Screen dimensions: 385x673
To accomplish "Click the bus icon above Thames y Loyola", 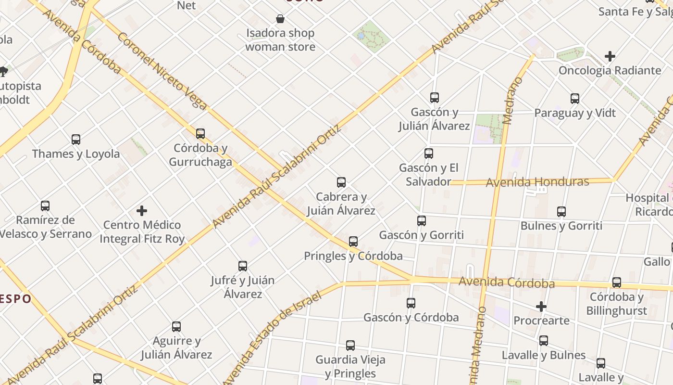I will tap(76, 140).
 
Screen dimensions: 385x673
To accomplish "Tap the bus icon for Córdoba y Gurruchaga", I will tap(200, 134).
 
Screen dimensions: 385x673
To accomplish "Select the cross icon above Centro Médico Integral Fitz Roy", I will tap(142, 211).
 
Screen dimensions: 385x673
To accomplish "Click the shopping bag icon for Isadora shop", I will tap(280, 19).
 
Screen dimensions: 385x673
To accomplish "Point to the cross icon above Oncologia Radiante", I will tap(610, 56).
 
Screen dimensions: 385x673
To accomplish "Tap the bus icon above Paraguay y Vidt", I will tap(575, 99).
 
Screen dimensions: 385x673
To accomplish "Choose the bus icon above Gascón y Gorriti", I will tap(422, 221).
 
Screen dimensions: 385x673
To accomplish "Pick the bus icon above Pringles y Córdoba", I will tap(353, 242).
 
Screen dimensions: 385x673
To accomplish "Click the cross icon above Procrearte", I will tap(541, 307).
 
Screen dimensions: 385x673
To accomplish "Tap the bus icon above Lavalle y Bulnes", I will tap(544, 341).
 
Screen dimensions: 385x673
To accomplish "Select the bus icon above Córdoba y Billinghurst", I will tap(617, 282).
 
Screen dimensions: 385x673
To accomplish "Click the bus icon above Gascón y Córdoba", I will tap(411, 303).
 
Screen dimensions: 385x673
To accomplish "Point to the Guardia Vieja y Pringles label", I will tap(350, 367).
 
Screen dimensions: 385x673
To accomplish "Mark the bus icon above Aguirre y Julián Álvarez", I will tap(176, 327).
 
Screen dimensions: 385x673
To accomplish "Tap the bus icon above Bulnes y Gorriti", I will tap(561, 211).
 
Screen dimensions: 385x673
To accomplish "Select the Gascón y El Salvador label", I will tap(428, 175).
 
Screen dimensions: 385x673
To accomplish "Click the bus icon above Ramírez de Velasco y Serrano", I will tap(45, 206).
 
